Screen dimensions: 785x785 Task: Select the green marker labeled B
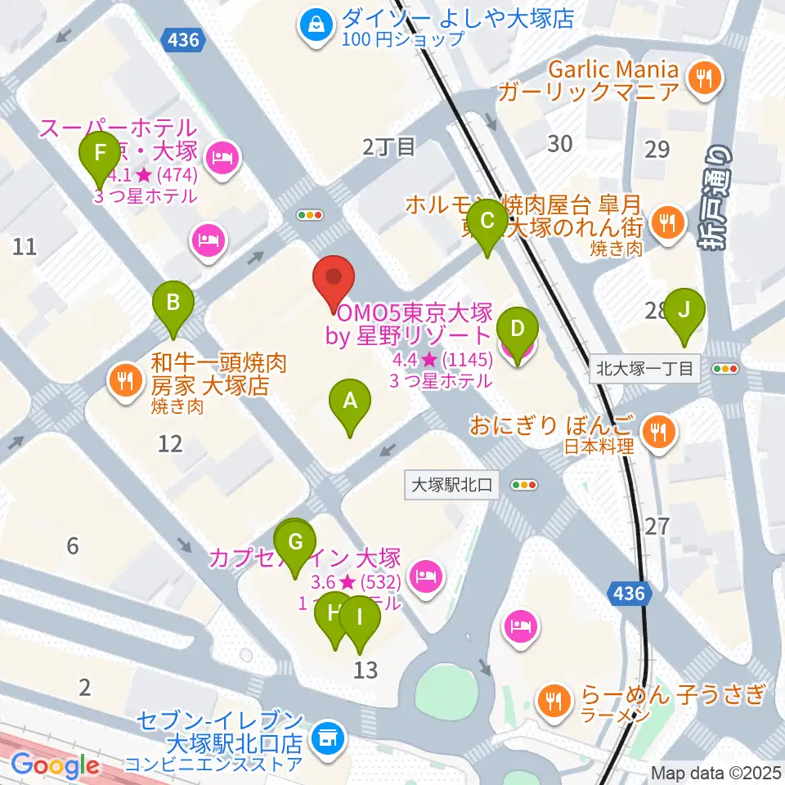(173, 307)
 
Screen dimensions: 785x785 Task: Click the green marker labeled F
(100, 157)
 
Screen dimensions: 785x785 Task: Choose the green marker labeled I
(360, 622)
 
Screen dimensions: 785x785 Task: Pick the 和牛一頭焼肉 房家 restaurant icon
(124, 379)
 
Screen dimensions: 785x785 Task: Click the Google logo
(56, 765)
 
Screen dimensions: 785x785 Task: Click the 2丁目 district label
(388, 147)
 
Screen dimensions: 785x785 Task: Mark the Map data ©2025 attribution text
(716, 772)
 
